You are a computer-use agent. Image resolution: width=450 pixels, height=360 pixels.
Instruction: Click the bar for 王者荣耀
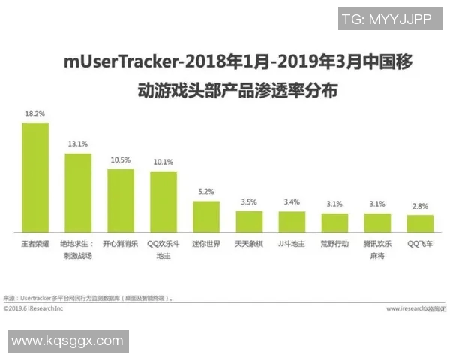pos(35,177)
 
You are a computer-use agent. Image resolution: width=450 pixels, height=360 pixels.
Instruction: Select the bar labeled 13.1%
pos(78,193)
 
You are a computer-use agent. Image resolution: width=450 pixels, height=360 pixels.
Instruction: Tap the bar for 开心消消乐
pos(121,200)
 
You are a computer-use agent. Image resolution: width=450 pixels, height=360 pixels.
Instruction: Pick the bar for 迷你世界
pos(206,216)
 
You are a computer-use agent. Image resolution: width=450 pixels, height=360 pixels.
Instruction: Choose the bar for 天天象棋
pos(249,221)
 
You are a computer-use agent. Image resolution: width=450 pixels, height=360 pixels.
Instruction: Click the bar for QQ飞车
pos(420,223)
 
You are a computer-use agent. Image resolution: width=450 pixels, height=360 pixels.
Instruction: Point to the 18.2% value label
pos(34,114)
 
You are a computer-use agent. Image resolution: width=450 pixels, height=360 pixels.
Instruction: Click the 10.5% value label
pos(120,160)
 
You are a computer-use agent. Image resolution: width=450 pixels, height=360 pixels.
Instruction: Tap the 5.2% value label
pos(205,193)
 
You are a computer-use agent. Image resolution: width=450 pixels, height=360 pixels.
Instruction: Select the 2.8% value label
pos(420,206)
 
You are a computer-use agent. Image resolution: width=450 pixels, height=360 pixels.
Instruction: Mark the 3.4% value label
pos(292,202)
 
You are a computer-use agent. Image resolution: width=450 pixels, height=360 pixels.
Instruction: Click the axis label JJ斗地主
pos(292,244)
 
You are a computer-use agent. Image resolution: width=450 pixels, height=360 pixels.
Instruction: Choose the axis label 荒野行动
pos(334,244)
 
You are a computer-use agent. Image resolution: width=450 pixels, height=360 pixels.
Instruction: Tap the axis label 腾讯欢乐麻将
pos(377,249)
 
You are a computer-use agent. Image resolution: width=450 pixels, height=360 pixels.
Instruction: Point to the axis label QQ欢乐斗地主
pos(163,249)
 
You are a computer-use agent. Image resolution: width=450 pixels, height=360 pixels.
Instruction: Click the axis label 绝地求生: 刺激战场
pos(78,249)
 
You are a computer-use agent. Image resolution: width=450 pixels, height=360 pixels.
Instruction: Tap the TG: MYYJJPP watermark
pos(386,19)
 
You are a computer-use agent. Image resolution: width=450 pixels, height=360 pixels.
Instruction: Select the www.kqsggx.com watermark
pos(67,341)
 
